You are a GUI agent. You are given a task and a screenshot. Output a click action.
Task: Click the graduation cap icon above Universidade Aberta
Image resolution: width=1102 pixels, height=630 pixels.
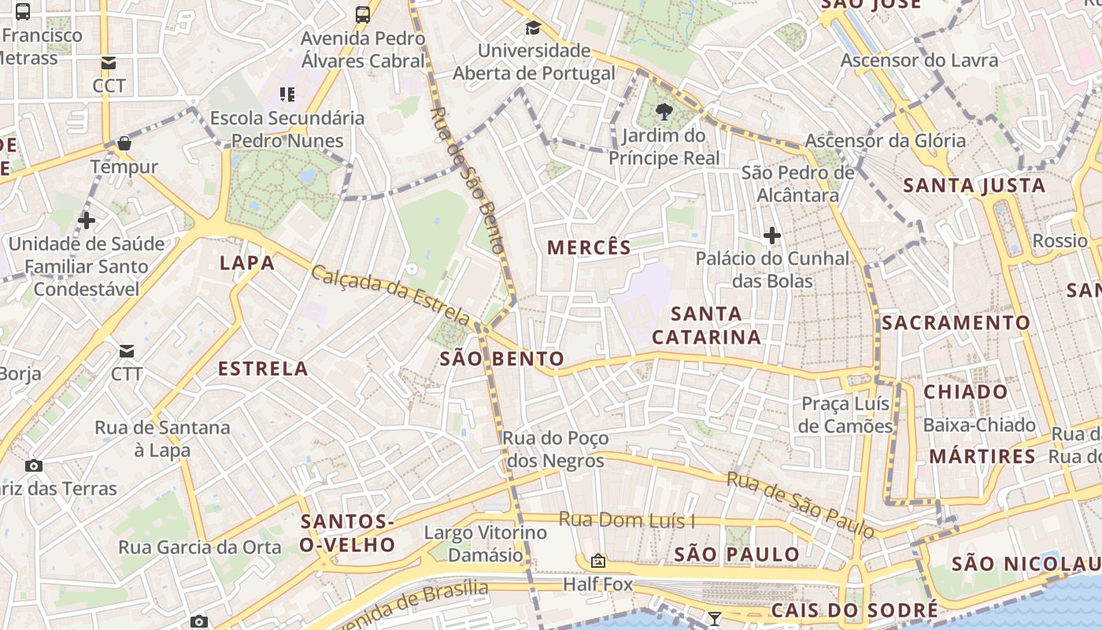(x=533, y=28)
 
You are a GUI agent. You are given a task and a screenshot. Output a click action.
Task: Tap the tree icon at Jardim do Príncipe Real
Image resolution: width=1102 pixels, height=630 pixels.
(x=664, y=112)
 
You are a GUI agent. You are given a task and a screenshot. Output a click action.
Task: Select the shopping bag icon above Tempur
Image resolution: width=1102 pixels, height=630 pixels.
(x=124, y=143)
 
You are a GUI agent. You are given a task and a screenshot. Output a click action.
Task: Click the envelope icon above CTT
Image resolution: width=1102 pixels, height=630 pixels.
(x=127, y=350)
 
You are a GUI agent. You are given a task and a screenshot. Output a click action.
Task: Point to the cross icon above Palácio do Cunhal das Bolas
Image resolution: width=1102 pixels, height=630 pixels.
(x=771, y=235)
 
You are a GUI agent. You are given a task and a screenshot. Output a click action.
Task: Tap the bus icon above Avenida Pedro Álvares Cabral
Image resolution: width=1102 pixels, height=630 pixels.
(x=363, y=14)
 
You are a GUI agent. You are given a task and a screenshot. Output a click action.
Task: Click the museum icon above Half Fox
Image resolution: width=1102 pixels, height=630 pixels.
(x=598, y=561)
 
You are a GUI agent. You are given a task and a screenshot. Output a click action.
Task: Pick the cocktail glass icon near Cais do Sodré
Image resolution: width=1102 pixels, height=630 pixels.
(x=714, y=618)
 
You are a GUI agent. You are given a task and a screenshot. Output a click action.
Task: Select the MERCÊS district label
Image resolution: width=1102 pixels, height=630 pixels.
(x=589, y=247)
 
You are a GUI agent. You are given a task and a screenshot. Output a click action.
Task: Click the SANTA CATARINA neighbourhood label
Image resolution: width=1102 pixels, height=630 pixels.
(x=707, y=325)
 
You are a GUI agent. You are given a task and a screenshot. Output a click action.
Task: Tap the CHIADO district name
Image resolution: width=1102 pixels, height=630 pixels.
(x=965, y=391)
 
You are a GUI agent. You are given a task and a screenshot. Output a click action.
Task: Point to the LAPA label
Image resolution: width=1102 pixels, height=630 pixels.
(x=247, y=263)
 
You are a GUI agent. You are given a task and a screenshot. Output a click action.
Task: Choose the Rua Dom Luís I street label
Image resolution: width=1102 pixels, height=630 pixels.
(x=627, y=520)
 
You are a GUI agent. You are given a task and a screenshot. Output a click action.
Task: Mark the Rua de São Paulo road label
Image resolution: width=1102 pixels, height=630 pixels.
(x=800, y=505)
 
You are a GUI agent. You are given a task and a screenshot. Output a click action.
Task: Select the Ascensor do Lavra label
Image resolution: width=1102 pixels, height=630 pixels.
(x=919, y=61)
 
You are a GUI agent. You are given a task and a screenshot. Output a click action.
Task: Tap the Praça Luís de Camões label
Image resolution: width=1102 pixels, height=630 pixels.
(x=845, y=415)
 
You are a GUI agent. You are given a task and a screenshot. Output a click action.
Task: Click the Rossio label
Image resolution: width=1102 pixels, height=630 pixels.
(x=1059, y=240)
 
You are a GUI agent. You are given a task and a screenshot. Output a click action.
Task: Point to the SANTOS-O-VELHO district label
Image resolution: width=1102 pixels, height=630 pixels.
(x=348, y=533)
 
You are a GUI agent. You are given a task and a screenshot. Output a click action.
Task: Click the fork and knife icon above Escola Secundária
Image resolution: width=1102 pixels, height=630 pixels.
(x=287, y=94)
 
